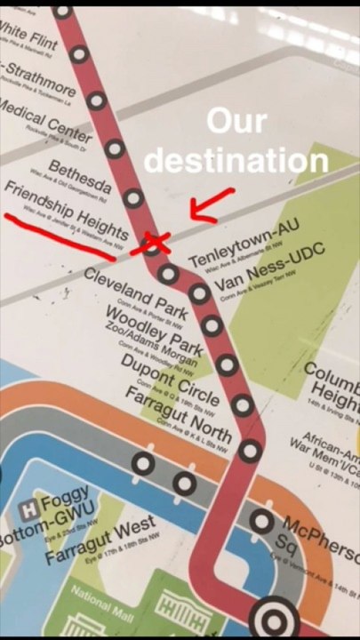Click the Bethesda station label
tap(79, 178)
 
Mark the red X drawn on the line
tap(152, 242)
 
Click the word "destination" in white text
tap(236, 161)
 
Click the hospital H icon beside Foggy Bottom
tap(28, 510)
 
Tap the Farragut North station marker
tap(252, 451)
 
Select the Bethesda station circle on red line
tap(133, 197)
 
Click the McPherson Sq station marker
tap(260, 521)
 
